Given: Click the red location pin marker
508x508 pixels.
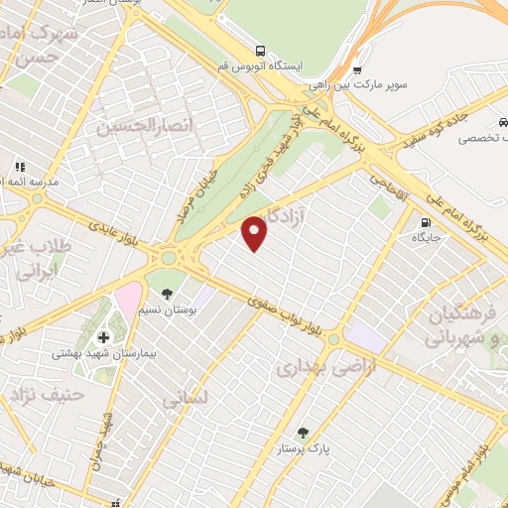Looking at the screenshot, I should (x=256, y=232).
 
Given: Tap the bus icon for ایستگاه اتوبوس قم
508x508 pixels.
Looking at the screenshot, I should (x=260, y=50).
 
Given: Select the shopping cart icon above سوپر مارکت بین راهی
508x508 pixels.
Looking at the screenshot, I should (x=357, y=69).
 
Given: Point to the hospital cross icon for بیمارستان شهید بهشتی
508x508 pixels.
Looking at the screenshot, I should (x=104, y=338).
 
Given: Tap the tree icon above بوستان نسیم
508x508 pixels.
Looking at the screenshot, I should (x=167, y=293).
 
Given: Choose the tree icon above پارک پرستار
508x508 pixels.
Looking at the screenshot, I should (x=303, y=433).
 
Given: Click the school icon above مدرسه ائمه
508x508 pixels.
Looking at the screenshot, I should (x=19, y=167).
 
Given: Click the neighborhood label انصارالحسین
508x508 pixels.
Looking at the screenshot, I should (x=141, y=126).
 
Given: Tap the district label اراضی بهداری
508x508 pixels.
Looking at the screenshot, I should (x=314, y=368).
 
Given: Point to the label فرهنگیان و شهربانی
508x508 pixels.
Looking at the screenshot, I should (x=468, y=326).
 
